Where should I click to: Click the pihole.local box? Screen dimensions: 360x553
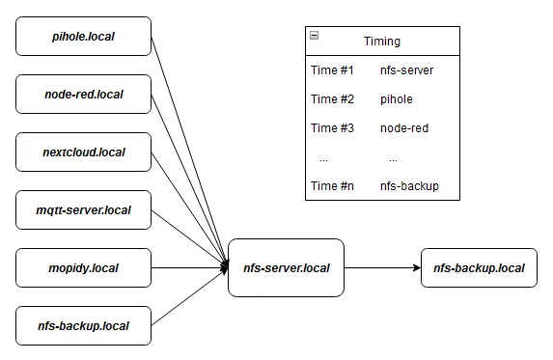pyautogui.click(x=84, y=36)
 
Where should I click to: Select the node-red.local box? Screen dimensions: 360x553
pyautogui.click(x=84, y=95)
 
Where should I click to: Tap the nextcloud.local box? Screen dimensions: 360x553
pyautogui.click(x=84, y=152)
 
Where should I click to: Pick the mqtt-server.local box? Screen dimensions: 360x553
pyautogui.click(x=84, y=210)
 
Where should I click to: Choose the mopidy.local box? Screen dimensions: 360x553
pyautogui.click(x=84, y=268)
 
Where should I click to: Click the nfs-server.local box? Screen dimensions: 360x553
pyautogui.click(x=286, y=267)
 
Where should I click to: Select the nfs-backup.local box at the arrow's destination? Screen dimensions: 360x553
pyautogui.click(x=479, y=267)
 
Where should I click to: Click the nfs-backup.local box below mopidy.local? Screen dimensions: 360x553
pyautogui.click(x=84, y=326)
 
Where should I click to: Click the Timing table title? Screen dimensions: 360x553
pyautogui.click(x=382, y=42)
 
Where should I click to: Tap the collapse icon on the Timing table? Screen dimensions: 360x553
pyautogui.click(x=314, y=36)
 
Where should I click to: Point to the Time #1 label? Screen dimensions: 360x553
pyautogui.click(x=332, y=70)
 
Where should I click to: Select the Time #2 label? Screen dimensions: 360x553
pyautogui.click(x=332, y=99)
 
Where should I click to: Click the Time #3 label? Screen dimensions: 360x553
pyautogui.click(x=332, y=128)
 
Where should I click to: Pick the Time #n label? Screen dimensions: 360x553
pyautogui.click(x=332, y=186)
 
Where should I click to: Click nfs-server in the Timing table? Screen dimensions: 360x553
pyautogui.click(x=406, y=70)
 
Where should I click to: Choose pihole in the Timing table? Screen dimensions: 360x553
pyautogui.click(x=397, y=99)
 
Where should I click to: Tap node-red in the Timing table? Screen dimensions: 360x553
pyautogui.click(x=404, y=128)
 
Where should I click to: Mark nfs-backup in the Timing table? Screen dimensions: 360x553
pyautogui.click(x=409, y=186)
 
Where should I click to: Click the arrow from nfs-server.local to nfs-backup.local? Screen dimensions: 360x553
pyautogui.click(x=382, y=267)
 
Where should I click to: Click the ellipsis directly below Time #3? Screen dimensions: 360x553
pyautogui.click(x=323, y=157)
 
